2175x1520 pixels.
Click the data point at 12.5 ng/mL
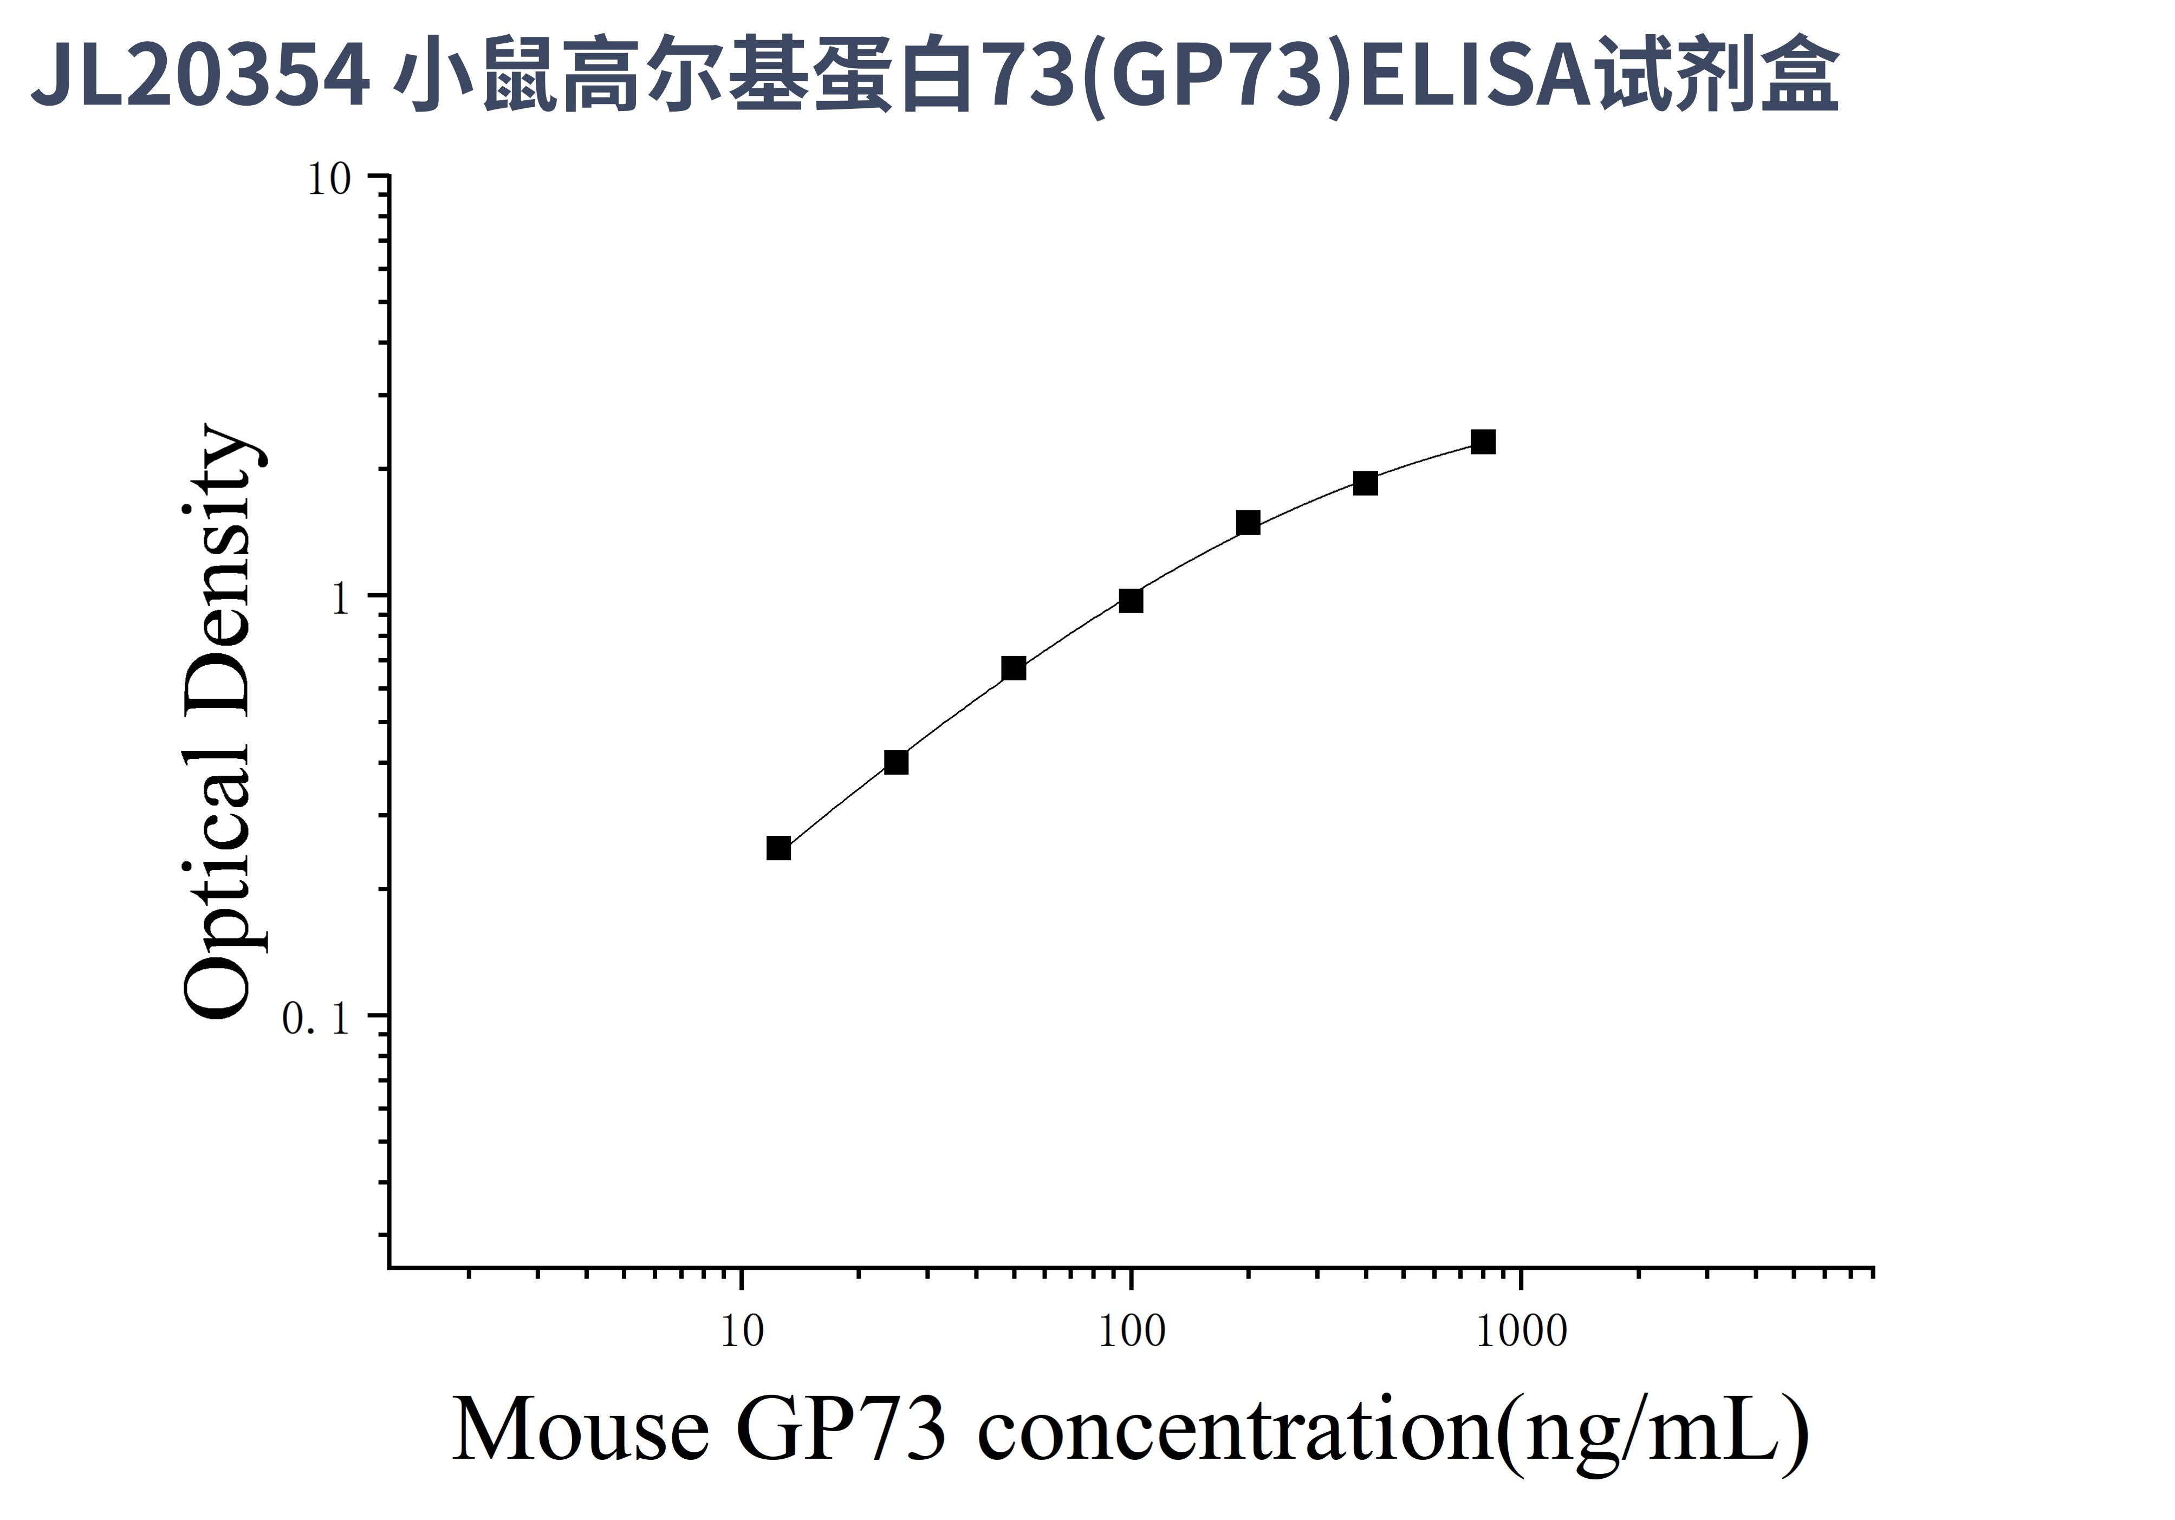pos(778,848)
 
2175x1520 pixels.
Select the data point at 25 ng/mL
pos(896,762)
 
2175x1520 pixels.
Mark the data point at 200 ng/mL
pos(1249,523)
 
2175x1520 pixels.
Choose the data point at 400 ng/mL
pos(1365,484)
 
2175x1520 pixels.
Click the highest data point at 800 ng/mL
pos(1483,442)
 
